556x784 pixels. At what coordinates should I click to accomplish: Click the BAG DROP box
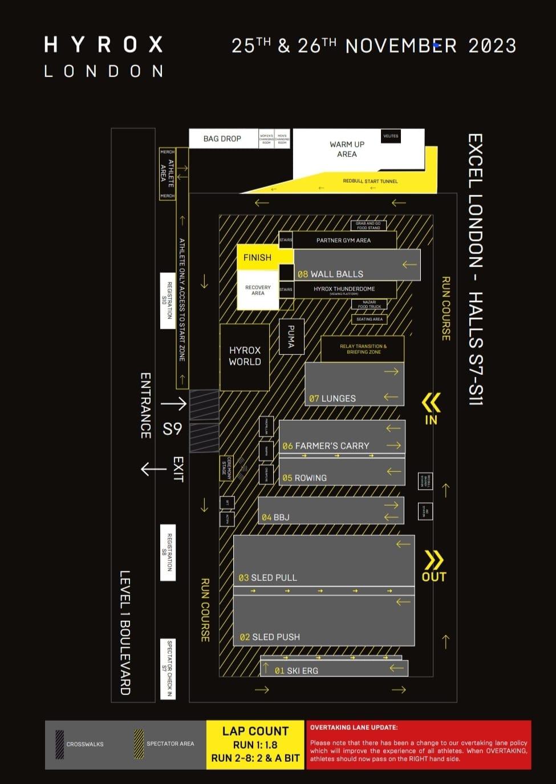pos(222,139)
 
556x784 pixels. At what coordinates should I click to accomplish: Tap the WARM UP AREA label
pos(347,149)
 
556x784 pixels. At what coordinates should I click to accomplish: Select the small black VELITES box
pos(391,136)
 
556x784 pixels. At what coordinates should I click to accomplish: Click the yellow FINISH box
pos(257,257)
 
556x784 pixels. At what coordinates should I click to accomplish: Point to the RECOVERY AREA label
pos(258,290)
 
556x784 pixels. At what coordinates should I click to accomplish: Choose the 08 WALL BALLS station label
pos(330,274)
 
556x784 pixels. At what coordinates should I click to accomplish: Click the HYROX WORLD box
pos(245,356)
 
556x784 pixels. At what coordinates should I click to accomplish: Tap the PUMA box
pos(291,337)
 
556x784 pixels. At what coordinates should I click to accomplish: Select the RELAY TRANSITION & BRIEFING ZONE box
pos(363,349)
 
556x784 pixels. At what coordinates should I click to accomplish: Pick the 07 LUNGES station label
pos(332,398)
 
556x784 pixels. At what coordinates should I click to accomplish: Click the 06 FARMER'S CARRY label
pos(326,446)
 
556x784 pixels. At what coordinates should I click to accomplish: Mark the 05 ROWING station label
pos(305,478)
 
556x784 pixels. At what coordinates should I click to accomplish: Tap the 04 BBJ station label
pos(275,517)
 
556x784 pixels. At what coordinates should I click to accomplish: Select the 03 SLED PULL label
pos(267,577)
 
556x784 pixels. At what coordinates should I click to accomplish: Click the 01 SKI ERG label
pos(296,670)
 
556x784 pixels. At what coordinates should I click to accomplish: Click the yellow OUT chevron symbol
pos(434,560)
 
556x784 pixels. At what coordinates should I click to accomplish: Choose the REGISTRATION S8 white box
pos(168,552)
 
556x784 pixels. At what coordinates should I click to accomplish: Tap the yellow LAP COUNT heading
pos(255,731)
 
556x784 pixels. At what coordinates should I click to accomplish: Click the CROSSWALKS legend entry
pos(85,744)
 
